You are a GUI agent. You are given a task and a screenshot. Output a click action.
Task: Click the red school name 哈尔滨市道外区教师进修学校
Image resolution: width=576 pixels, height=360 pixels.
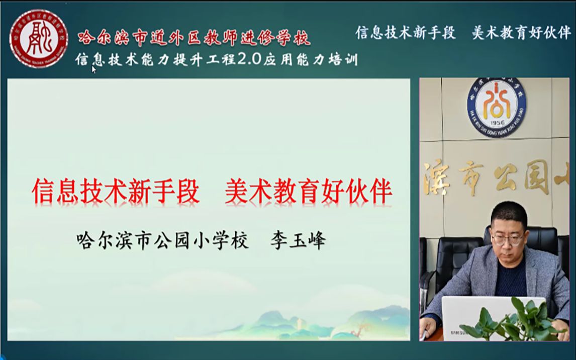coord(194,37)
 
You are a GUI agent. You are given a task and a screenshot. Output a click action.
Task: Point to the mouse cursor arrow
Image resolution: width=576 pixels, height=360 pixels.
coord(94,70)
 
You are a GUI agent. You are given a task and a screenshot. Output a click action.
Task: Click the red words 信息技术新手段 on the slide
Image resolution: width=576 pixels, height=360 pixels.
coord(116,193)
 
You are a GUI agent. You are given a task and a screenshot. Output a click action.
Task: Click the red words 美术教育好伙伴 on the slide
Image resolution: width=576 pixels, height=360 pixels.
coord(308,193)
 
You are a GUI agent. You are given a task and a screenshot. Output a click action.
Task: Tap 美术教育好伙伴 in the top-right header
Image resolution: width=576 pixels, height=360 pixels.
coord(521,33)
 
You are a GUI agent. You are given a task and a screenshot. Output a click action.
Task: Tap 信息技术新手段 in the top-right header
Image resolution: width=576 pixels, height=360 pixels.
coord(406,33)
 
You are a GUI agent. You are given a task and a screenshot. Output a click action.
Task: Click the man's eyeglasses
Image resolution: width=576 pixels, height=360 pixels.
coord(506,238)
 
